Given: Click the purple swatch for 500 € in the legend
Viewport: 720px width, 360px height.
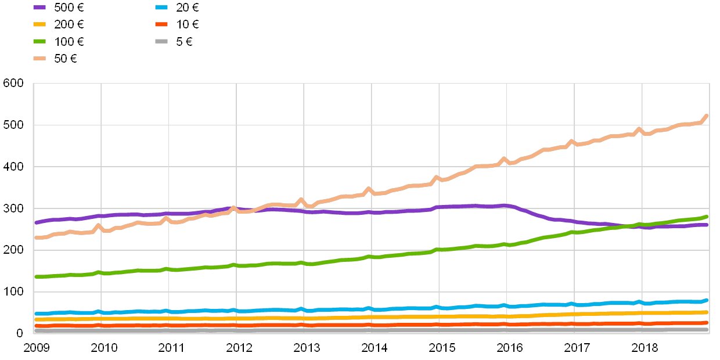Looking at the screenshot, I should [39, 8].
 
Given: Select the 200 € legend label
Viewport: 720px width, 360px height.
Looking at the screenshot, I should [69, 24].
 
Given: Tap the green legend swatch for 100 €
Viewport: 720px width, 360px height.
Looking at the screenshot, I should [39, 41].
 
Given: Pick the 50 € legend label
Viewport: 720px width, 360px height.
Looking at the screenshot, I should [66, 58].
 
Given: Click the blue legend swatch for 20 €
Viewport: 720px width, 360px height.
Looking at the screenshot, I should [162, 8].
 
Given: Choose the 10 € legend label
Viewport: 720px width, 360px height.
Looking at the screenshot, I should [188, 24].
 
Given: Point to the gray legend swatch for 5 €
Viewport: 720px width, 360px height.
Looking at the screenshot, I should [162, 41].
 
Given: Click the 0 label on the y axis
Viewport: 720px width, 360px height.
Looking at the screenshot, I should [20, 333].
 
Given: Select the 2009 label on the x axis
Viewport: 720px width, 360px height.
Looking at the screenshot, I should [37, 347].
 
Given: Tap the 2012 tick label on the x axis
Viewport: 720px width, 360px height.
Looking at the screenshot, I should [239, 347].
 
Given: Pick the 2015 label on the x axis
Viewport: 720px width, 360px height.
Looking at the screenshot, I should [442, 347].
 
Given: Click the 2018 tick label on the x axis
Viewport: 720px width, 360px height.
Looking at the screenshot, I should [645, 347].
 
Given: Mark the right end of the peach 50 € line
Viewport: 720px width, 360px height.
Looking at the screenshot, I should [707, 116].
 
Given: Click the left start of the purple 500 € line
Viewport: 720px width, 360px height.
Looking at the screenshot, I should [35, 222].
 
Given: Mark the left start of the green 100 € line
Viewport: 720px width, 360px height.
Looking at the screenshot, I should [35, 277].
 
